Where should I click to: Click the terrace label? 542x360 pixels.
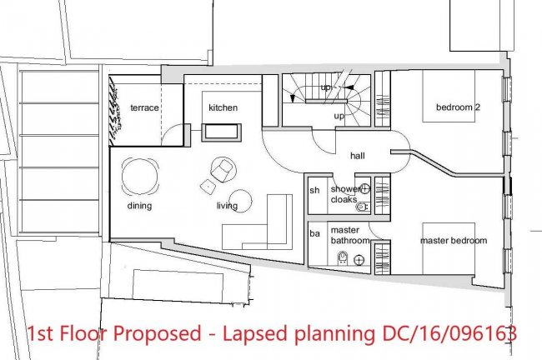(144, 107)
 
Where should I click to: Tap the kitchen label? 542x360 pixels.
(223, 107)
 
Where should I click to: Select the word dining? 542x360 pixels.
(139, 206)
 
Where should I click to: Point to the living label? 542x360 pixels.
(227, 206)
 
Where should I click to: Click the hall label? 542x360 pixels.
(358, 156)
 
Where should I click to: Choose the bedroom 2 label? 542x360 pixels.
(458, 107)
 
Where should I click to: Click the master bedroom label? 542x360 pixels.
(454, 241)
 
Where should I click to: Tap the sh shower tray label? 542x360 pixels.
(314, 190)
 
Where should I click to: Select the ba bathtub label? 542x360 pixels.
(314, 234)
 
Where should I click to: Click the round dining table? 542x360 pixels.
(140, 177)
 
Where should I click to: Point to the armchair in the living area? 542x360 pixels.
(222, 170)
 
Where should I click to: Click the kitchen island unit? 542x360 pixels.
(222, 132)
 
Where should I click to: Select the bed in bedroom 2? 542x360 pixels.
(449, 96)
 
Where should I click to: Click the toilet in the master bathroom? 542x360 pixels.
(343, 258)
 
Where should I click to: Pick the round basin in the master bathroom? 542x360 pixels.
(359, 260)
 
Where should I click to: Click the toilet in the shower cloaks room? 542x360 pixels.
(362, 207)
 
